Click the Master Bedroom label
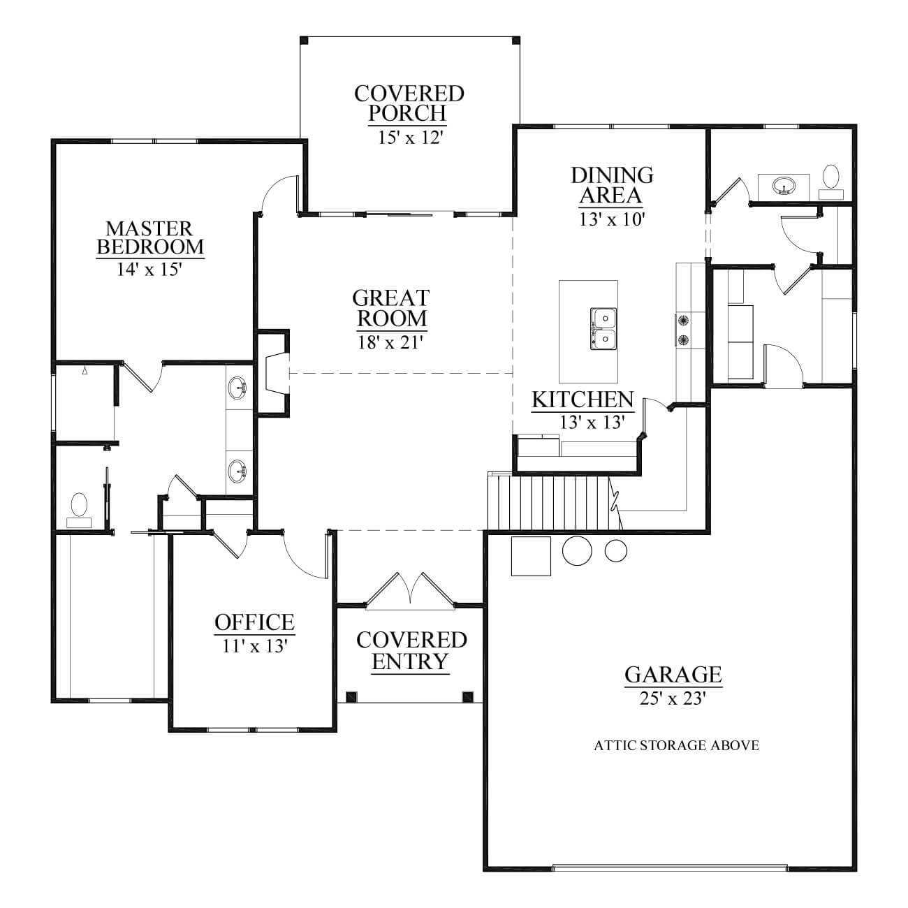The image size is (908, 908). click(150, 237)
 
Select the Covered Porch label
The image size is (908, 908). click(409, 103)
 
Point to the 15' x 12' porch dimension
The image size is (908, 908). click(410, 138)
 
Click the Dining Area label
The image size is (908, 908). click(612, 185)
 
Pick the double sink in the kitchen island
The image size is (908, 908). click(603, 328)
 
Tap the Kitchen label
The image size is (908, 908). click(583, 400)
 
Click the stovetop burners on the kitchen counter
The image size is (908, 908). click(682, 329)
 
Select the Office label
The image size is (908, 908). click(254, 622)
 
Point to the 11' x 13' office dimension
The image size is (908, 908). click(255, 646)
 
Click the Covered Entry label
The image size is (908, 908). click(411, 651)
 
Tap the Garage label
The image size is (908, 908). click(673, 674)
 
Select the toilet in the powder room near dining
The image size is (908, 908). click(830, 182)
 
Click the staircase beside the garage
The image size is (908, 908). click(554, 502)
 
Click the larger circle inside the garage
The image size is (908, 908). click(577, 550)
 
